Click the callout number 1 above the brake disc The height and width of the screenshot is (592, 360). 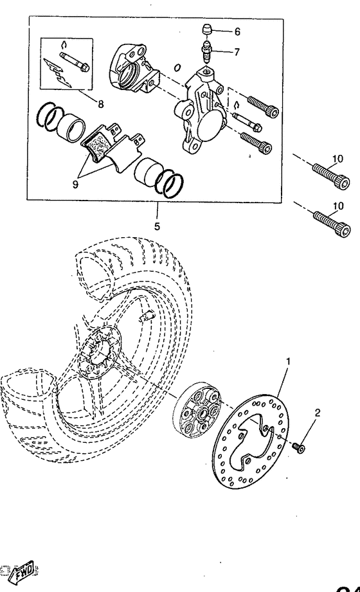click(288, 362)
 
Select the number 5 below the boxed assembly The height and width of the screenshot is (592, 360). click(157, 226)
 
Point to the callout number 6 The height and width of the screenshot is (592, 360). click(237, 31)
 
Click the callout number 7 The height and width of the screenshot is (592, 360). click(237, 52)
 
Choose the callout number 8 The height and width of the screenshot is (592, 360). click(100, 102)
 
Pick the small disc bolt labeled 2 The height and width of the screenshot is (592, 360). click(298, 445)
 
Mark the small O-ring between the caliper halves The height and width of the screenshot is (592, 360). click(177, 67)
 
